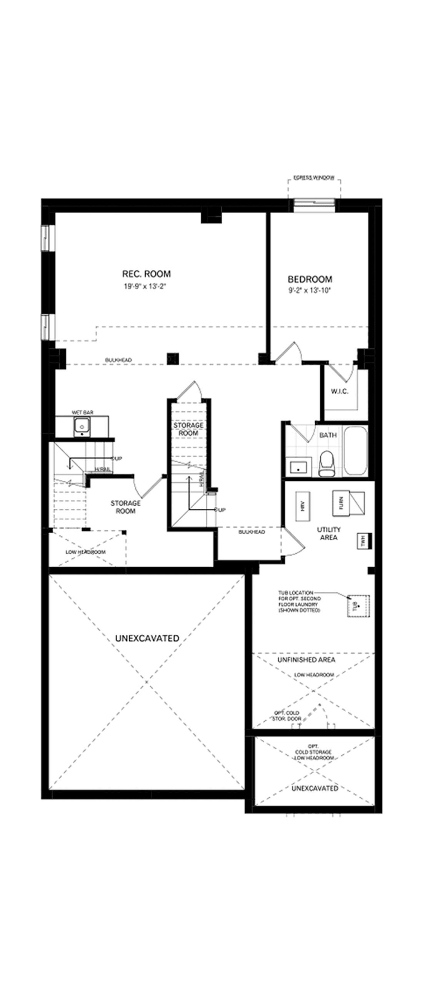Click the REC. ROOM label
click(x=146, y=274)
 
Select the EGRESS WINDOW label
click(x=314, y=178)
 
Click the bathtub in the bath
click(x=355, y=451)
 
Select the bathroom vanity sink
click(x=298, y=466)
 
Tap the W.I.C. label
click(x=339, y=391)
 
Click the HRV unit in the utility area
click(x=303, y=506)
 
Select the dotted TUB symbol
click(x=358, y=606)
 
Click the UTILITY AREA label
click(x=329, y=533)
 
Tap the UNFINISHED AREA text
click(x=306, y=660)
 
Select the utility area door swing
click(x=294, y=541)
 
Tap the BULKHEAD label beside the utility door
click(x=251, y=532)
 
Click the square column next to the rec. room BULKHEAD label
click(x=173, y=358)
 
